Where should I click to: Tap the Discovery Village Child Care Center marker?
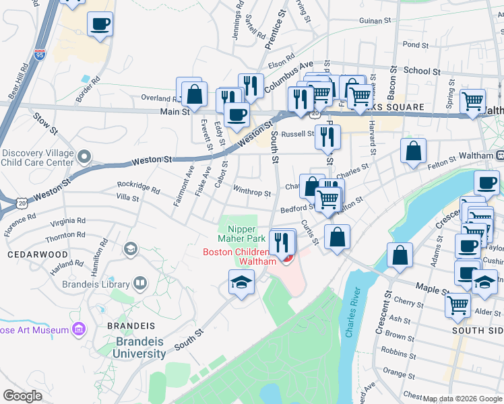[x=84, y=157]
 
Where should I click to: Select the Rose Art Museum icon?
[x=79, y=330]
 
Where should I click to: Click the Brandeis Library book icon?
[x=140, y=283]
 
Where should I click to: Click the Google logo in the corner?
[x=23, y=395]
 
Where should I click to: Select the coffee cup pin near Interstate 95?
[x=100, y=25]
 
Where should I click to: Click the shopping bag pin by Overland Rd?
[x=194, y=94]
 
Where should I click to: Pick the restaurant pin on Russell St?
[x=327, y=137]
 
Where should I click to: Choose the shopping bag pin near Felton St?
[x=413, y=151]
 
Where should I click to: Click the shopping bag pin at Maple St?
[x=400, y=256]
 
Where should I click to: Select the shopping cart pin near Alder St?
[x=458, y=304]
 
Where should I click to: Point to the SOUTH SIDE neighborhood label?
[x=477, y=331]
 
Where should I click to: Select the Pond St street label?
[x=410, y=44]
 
